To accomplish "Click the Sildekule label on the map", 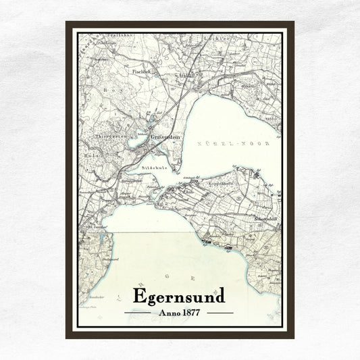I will point(153,166).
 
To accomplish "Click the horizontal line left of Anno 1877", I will point(138,313).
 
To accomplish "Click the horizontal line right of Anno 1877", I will point(220,313).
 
